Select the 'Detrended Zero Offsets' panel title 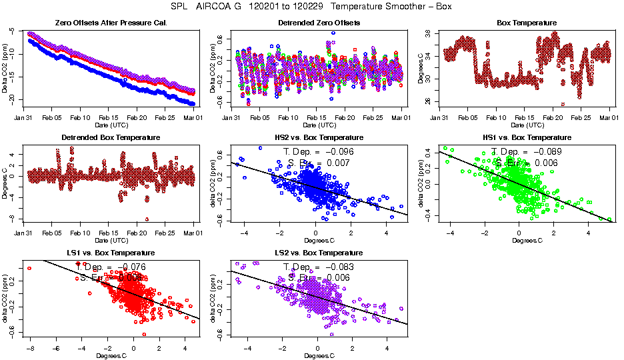tap(319, 23)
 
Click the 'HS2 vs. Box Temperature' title tap(319, 138)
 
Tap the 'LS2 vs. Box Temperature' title tap(319, 253)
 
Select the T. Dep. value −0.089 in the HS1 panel tap(545, 152)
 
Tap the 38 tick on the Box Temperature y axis tap(433, 33)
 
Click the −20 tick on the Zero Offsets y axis tap(13, 99)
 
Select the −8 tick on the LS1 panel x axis tap(30, 348)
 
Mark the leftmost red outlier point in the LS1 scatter tap(29, 268)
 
